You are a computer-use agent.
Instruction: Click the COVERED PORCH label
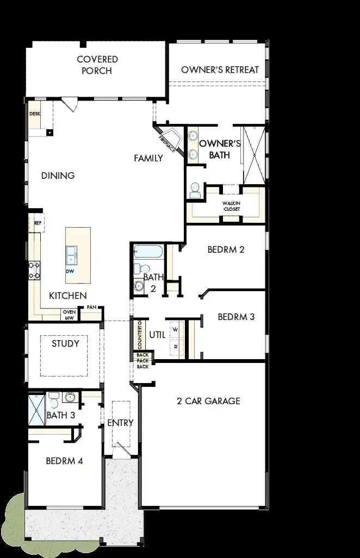(x=97, y=65)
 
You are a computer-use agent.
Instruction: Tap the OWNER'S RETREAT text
(x=220, y=70)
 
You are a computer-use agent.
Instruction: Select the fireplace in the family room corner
(x=170, y=139)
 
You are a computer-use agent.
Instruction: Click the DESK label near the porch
(x=35, y=114)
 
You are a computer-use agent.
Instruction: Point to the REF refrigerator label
(x=38, y=223)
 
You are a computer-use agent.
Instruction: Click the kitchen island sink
(x=71, y=253)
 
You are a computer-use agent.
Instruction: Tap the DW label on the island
(x=70, y=271)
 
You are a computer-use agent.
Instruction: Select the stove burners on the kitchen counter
(x=34, y=270)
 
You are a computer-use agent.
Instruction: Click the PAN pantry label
(x=91, y=308)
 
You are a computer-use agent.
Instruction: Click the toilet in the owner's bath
(x=195, y=191)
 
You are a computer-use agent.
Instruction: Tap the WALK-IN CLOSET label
(x=231, y=205)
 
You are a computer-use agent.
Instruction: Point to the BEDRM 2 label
(x=226, y=249)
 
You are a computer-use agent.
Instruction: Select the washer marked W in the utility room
(x=175, y=329)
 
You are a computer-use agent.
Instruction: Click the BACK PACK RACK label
(x=142, y=360)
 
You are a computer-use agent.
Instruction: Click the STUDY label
(x=65, y=343)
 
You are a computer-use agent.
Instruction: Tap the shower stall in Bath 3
(x=37, y=411)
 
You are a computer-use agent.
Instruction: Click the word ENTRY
(x=120, y=423)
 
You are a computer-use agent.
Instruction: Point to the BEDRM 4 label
(x=64, y=461)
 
